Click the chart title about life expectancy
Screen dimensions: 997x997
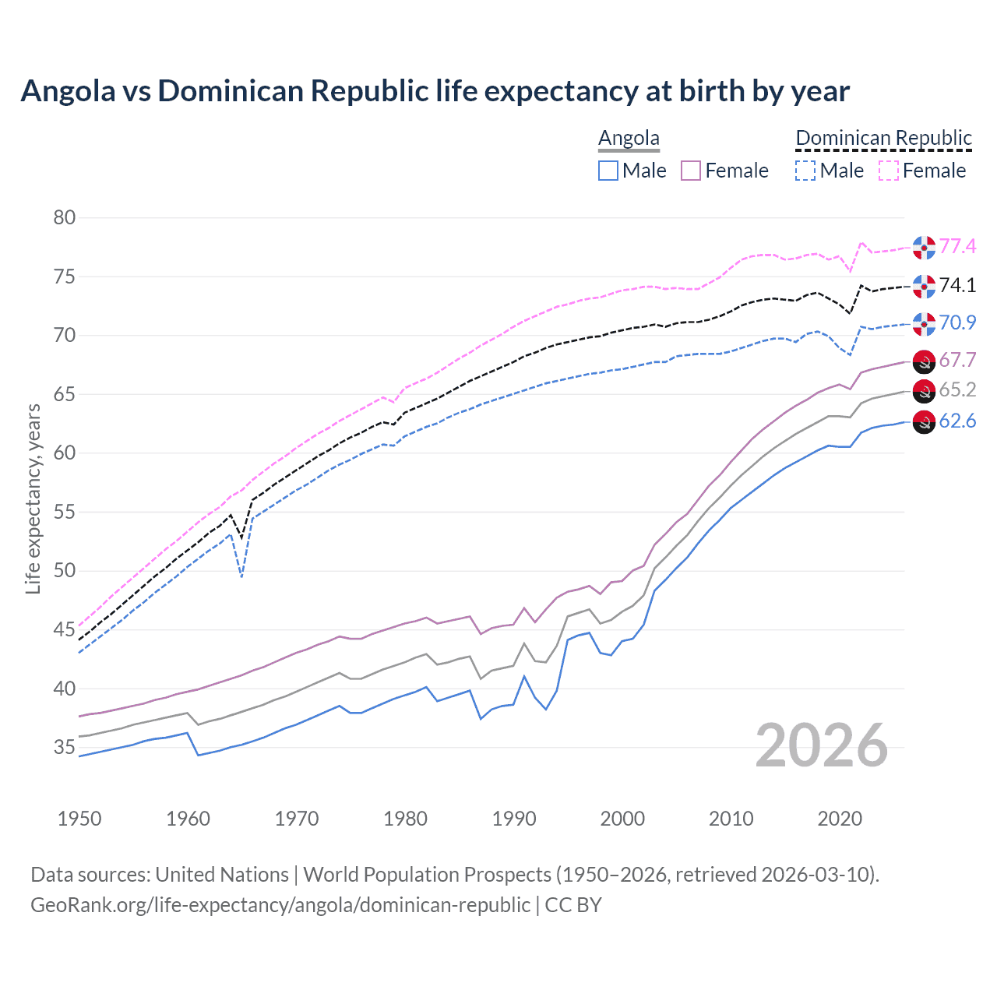[x=435, y=91]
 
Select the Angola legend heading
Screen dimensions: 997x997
[x=629, y=138]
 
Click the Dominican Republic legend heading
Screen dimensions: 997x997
[x=883, y=138]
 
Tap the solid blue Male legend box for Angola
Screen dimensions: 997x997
[x=608, y=171]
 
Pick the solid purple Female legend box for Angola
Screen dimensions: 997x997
[x=692, y=171]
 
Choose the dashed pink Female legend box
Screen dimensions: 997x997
[x=889, y=171]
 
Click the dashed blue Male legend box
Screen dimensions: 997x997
[x=805, y=171]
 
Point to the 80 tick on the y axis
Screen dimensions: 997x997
[x=65, y=217]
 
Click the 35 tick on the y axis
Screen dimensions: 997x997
[x=65, y=748]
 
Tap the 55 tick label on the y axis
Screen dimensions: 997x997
[x=65, y=512]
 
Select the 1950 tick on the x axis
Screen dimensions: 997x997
[x=79, y=819]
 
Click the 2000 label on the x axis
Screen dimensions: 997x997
[x=622, y=819]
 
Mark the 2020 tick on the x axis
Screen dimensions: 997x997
[x=840, y=819]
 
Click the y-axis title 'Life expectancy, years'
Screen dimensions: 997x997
[x=33, y=498]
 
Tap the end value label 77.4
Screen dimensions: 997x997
[x=957, y=247]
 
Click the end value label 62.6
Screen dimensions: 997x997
[x=957, y=421]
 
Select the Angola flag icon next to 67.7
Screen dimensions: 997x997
[x=924, y=361]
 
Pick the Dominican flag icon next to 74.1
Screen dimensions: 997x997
[x=924, y=286]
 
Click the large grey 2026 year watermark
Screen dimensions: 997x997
[x=822, y=745]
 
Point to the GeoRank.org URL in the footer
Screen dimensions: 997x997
[x=280, y=905]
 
